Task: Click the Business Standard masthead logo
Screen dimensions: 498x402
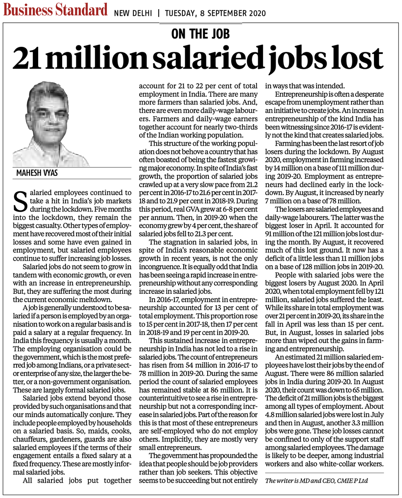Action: pos(56,10)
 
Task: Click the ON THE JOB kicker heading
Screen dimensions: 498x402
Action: pos(201,33)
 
